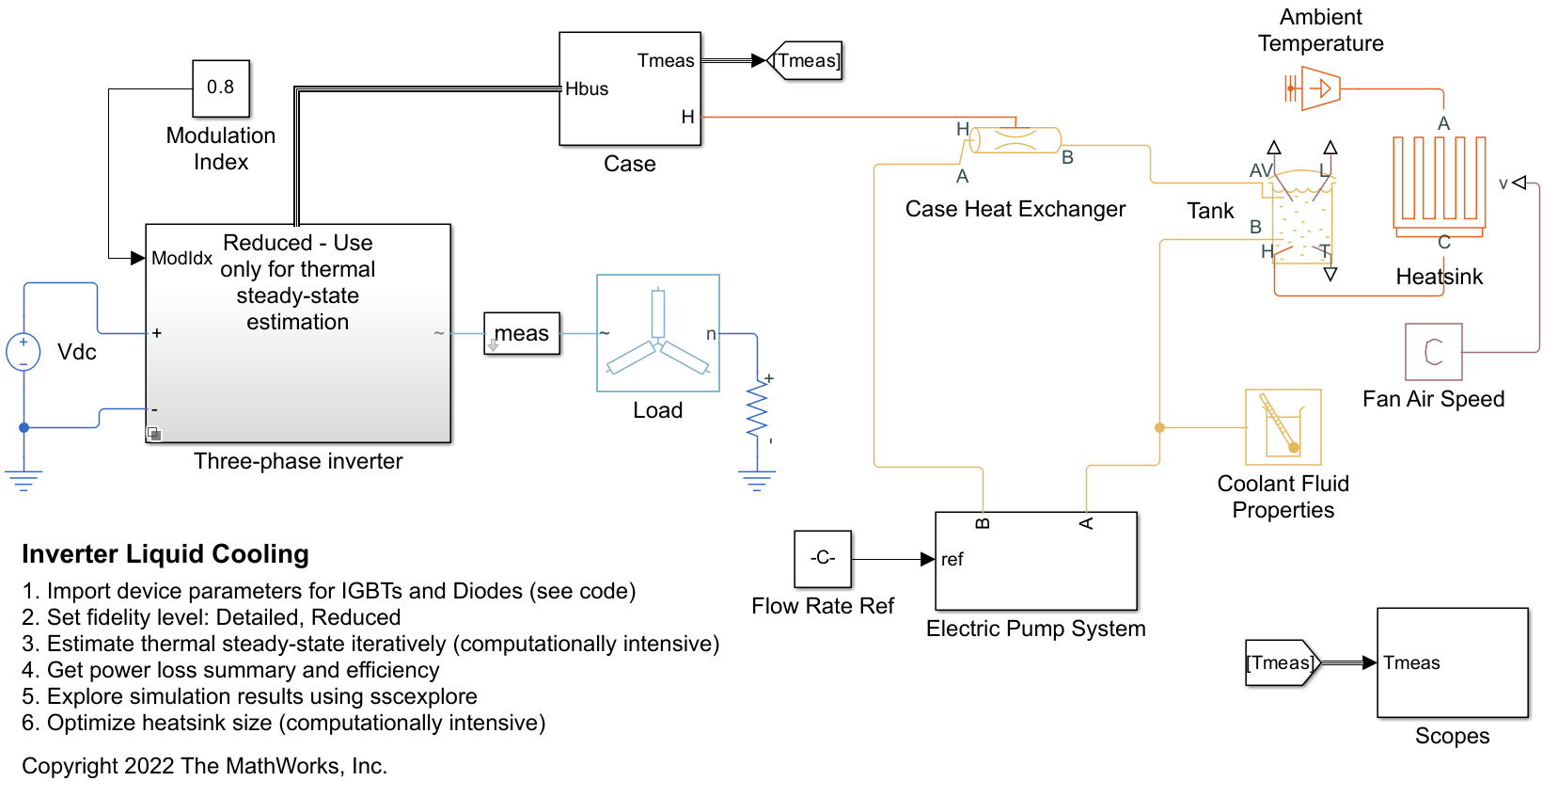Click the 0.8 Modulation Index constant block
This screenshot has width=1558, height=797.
221,88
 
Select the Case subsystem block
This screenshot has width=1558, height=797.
630,88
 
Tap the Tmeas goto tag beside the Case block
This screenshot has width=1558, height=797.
806,61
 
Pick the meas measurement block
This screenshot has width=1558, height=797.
522,334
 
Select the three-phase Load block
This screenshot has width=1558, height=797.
658,333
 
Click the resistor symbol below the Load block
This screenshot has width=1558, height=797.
757,410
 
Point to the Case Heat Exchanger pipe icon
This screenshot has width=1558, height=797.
1015,140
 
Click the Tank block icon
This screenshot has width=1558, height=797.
1302,216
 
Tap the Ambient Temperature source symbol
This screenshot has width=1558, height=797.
1316,89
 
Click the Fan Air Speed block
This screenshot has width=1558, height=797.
1434,352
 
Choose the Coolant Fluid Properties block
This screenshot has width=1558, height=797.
1283,427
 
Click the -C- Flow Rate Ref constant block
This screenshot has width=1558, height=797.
823,559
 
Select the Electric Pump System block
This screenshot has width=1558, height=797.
1036,561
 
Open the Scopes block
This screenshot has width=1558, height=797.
1453,662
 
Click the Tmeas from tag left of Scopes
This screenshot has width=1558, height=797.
1282,663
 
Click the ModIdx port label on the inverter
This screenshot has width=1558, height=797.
182,258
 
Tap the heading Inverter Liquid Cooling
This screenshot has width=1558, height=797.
165,554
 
